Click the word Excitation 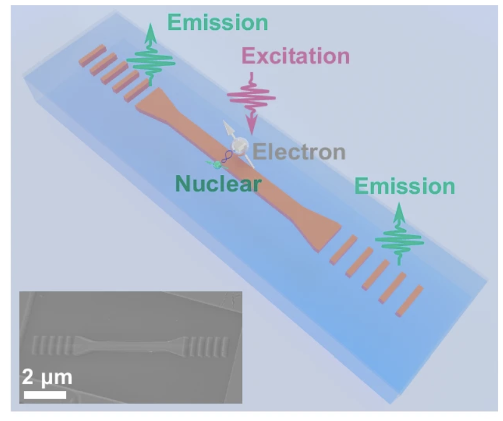coord(295,57)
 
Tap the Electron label coord(298,152)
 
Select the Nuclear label coord(218,184)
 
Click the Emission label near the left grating coord(217,22)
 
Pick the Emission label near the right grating coord(405,186)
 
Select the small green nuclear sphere coord(217,164)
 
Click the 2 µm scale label coord(47,377)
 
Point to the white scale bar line coord(45,394)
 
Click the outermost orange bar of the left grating coord(88,55)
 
